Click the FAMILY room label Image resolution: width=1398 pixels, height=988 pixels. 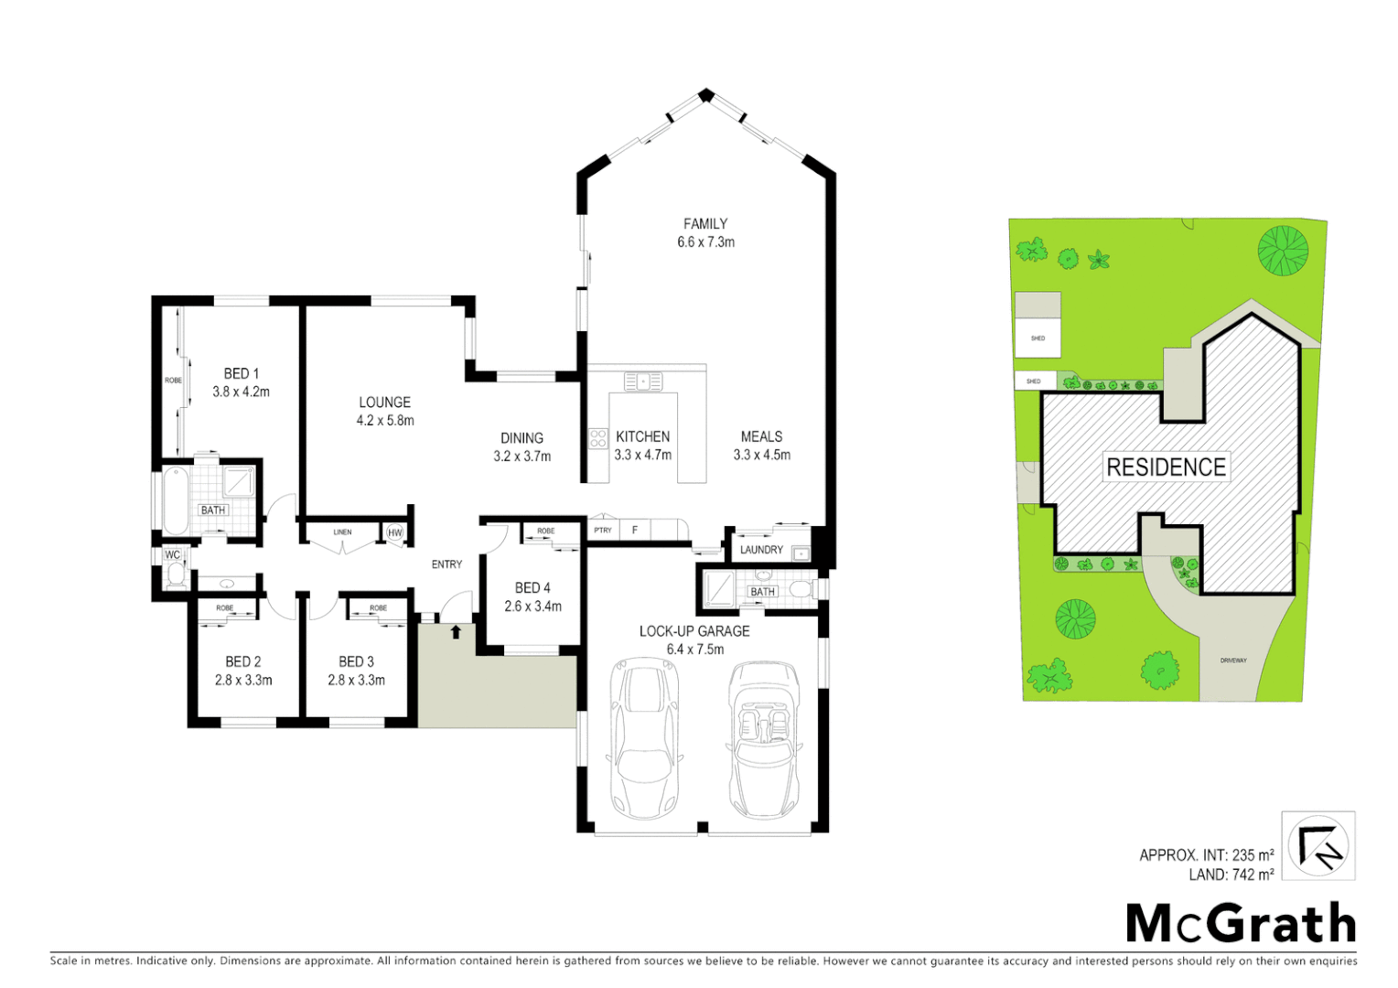(x=704, y=223)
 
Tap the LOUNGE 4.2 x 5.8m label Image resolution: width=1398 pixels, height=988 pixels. (x=384, y=412)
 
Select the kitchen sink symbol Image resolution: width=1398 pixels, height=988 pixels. (x=643, y=381)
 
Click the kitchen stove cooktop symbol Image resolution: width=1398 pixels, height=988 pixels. (x=597, y=438)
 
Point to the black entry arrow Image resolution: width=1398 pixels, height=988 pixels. (x=456, y=631)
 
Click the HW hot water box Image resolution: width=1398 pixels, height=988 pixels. (x=395, y=532)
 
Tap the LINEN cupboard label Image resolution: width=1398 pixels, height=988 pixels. (x=342, y=532)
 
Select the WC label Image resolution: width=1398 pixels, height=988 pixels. (x=172, y=554)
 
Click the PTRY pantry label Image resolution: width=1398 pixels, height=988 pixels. (x=603, y=531)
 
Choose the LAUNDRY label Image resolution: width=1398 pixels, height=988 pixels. (x=761, y=550)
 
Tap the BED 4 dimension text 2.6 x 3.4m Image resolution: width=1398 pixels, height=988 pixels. (x=532, y=607)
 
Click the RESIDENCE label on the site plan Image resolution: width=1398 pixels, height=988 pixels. (x=1166, y=467)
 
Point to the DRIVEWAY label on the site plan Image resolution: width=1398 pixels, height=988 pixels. (x=1232, y=660)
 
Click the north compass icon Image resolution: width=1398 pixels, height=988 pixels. (x=1317, y=845)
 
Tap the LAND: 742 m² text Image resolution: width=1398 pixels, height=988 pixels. (x=1231, y=875)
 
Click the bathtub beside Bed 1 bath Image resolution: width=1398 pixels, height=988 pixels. (x=175, y=500)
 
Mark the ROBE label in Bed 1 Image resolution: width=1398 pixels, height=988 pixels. (x=172, y=381)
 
